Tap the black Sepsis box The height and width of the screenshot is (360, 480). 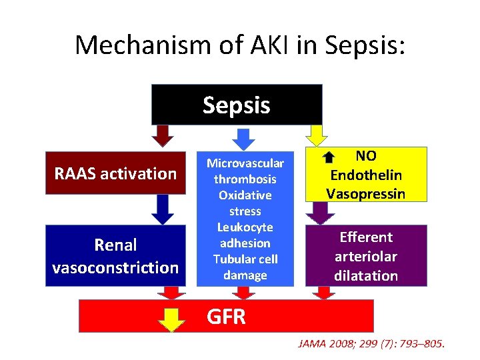click(x=237, y=105)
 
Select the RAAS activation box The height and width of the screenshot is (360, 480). click(x=115, y=174)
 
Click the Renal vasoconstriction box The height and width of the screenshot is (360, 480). click(x=115, y=256)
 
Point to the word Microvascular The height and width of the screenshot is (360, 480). click(x=245, y=163)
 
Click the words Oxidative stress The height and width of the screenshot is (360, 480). click(x=245, y=203)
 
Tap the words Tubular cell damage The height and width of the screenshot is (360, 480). click(x=245, y=267)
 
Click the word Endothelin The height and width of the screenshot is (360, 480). click(x=365, y=175)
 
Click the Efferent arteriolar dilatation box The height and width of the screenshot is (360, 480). click(x=365, y=256)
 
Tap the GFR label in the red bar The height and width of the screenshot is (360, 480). click(x=227, y=317)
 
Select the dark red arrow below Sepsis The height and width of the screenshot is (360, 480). click(x=162, y=135)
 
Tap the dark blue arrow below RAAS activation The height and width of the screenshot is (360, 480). click(x=162, y=209)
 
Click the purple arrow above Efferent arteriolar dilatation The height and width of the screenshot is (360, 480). click(x=323, y=213)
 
